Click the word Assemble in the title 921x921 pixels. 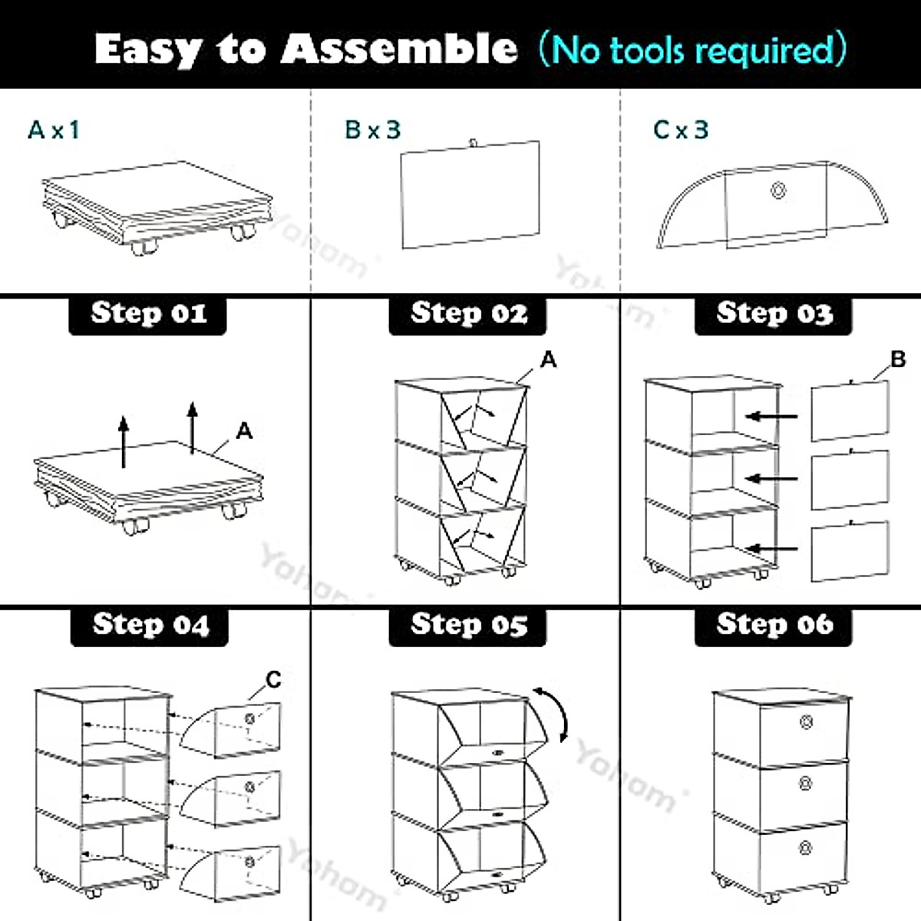399,49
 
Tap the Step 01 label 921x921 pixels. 148,314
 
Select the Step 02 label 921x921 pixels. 468,314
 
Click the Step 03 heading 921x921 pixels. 774,314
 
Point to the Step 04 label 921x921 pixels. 150,625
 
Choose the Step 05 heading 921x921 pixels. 468,625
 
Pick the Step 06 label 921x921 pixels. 774,625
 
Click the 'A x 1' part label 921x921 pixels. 54,130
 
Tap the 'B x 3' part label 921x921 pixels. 373,130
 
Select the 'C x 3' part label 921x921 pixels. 681,130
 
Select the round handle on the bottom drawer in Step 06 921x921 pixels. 806,847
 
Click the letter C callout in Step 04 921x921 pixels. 273,679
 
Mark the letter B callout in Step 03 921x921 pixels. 898,359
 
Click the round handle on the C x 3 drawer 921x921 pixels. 778,190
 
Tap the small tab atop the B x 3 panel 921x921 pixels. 474,141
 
